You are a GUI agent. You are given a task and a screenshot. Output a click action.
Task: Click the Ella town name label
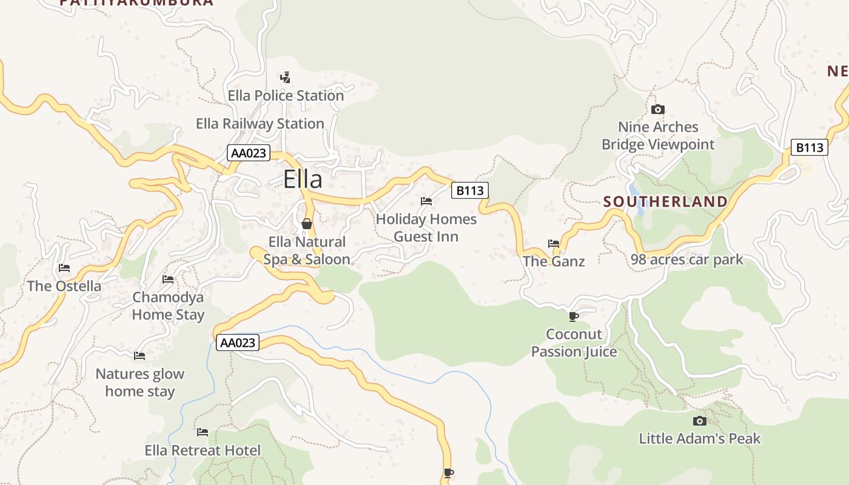pyautogui.click(x=303, y=179)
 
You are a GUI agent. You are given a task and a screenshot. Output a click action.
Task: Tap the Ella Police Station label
pyautogui.click(x=286, y=96)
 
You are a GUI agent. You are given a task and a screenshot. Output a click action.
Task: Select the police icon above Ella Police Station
pyautogui.click(x=285, y=78)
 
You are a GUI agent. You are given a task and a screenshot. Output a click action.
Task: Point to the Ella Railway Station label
pyautogui.click(x=260, y=124)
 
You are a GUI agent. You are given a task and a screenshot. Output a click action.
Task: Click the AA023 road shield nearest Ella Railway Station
pyautogui.click(x=248, y=153)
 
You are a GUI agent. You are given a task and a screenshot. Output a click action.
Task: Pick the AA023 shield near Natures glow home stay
pyautogui.click(x=238, y=343)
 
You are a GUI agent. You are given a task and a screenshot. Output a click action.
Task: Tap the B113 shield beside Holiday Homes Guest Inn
pyautogui.click(x=469, y=191)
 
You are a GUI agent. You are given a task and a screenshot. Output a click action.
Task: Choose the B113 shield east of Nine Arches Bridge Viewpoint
pyautogui.click(x=809, y=147)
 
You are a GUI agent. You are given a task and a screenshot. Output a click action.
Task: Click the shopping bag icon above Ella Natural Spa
pyautogui.click(x=307, y=224)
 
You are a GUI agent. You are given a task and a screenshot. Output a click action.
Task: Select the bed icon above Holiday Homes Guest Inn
pyautogui.click(x=426, y=201)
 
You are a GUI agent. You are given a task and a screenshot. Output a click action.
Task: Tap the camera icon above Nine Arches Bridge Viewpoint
pyautogui.click(x=657, y=109)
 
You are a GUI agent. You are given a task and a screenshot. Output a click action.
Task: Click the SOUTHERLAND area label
pyautogui.click(x=665, y=202)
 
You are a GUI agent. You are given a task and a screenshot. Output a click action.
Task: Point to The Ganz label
pyautogui.click(x=554, y=261)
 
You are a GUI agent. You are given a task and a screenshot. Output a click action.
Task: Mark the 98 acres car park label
pyautogui.click(x=686, y=260)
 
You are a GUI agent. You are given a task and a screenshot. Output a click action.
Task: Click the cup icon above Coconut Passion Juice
pyautogui.click(x=573, y=316)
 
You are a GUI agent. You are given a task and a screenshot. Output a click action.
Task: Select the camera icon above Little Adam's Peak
pyautogui.click(x=699, y=421)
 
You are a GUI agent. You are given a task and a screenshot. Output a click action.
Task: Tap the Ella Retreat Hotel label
pyautogui.click(x=203, y=450)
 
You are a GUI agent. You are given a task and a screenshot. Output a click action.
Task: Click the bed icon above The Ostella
pyautogui.click(x=64, y=268)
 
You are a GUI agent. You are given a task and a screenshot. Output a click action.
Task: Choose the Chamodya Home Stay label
pyautogui.click(x=168, y=306)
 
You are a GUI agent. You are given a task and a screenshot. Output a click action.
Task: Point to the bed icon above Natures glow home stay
pyautogui.click(x=139, y=356)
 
